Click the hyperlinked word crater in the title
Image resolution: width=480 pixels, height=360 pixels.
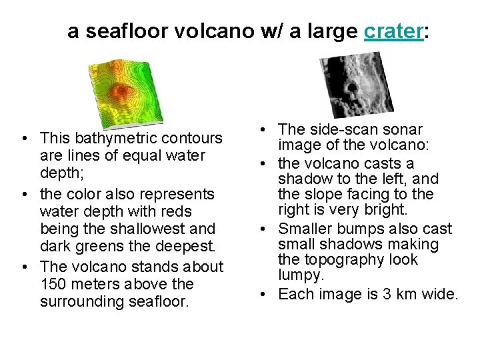(x=394, y=31)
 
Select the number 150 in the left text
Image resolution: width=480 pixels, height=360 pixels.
(x=53, y=284)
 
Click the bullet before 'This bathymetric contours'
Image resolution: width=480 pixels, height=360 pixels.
(x=24, y=139)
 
